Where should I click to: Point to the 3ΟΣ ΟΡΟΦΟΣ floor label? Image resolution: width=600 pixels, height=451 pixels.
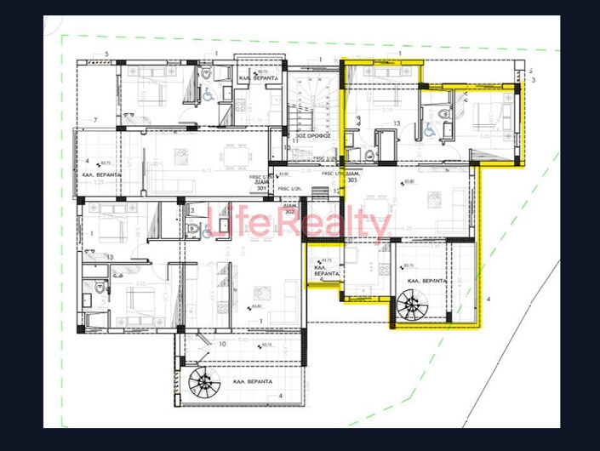point(307,135)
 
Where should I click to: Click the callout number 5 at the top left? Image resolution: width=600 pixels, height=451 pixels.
point(107,54)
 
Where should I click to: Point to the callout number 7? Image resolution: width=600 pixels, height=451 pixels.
point(94,119)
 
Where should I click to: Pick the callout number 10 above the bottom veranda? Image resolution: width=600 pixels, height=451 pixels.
point(221,344)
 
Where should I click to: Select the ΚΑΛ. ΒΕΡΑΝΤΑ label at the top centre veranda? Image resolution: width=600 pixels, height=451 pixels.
point(254,78)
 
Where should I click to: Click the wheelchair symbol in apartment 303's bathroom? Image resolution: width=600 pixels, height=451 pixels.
point(430,131)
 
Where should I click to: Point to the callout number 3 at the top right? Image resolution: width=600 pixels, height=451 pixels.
point(534,80)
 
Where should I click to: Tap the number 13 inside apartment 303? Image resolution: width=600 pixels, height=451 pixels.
point(397,124)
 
